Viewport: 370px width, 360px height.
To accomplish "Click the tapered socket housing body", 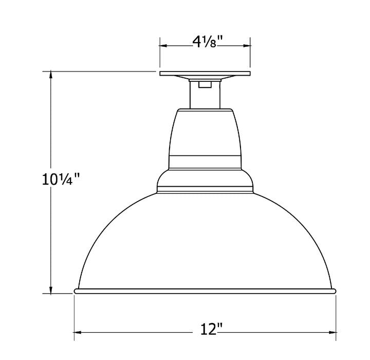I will click(205, 131).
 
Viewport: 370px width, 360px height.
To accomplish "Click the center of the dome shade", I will click(205, 242).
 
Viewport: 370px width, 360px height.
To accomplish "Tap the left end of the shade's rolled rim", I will click(77, 291).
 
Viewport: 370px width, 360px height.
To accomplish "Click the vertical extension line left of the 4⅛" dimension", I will click(160, 51).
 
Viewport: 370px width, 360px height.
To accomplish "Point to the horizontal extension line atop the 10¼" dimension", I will click(103, 71).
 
